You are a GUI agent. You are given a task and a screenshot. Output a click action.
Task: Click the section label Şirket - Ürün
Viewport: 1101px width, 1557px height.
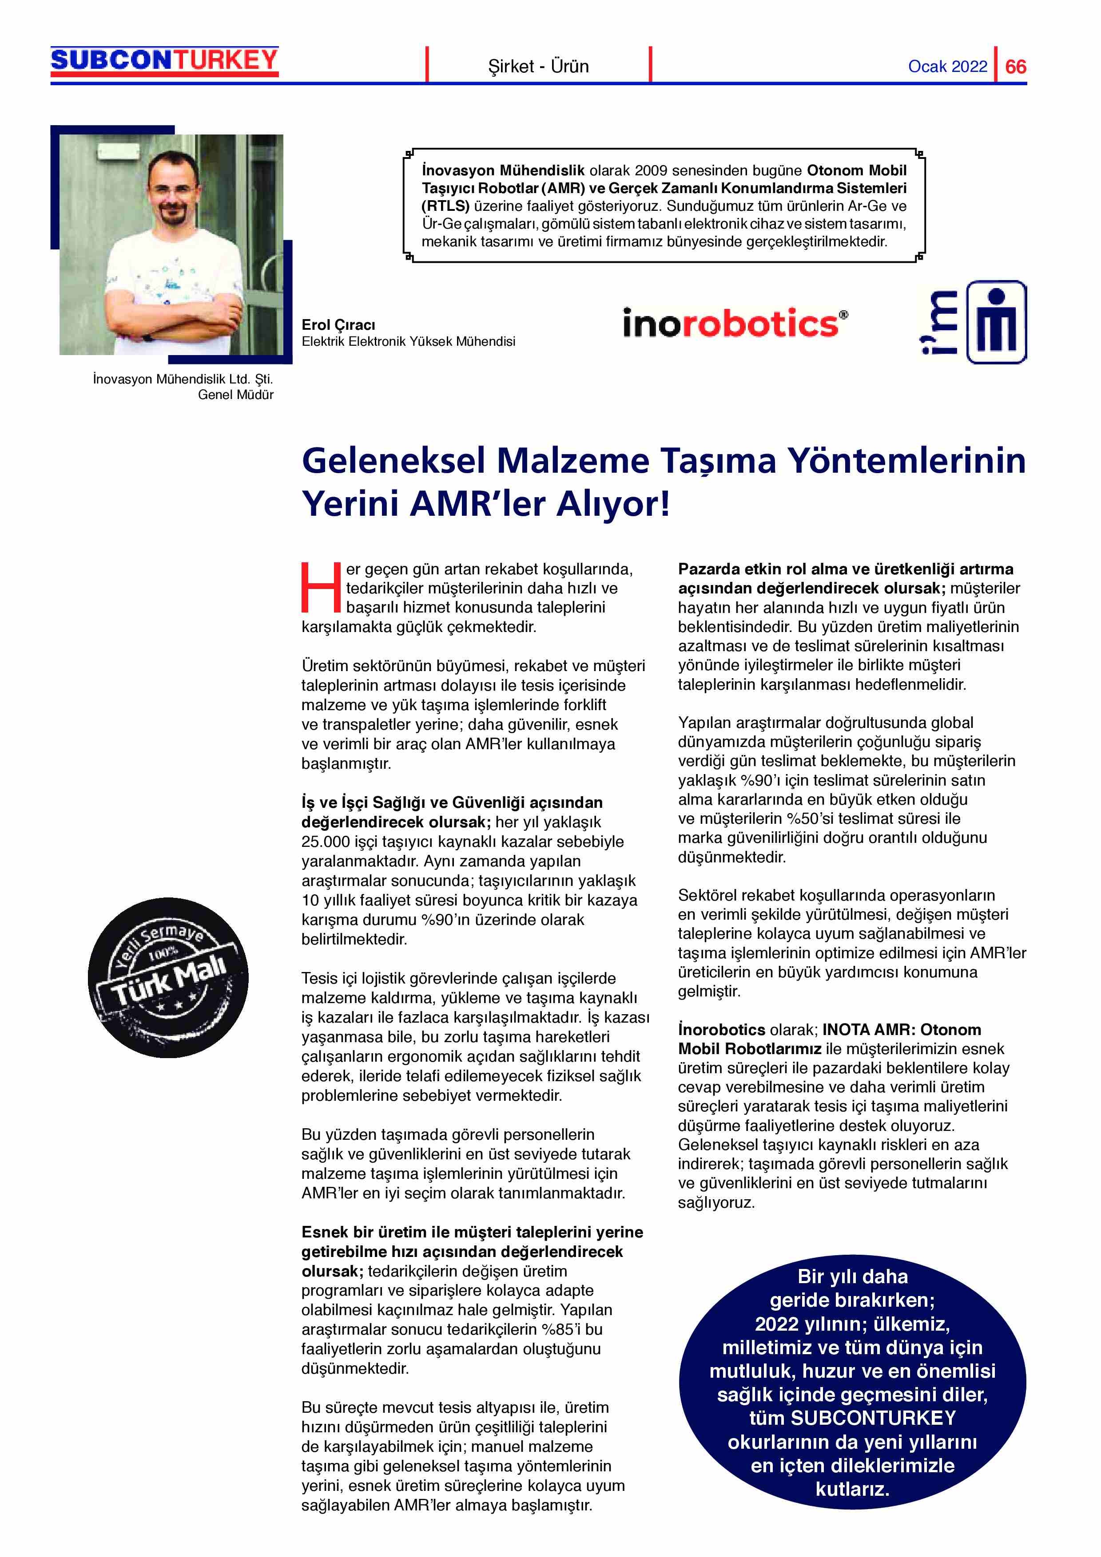click(x=538, y=67)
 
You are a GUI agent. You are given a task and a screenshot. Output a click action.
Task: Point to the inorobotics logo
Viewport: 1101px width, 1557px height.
click(x=735, y=324)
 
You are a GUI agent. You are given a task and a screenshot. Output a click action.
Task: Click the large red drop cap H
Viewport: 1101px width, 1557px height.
click(x=320, y=587)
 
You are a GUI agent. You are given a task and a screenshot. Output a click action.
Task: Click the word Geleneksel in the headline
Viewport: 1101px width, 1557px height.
click(x=394, y=461)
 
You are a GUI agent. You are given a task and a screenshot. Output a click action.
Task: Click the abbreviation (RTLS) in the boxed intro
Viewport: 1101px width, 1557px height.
click(x=445, y=206)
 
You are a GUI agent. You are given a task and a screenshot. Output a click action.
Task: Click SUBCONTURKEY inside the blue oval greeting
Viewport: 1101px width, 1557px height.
click(x=873, y=1418)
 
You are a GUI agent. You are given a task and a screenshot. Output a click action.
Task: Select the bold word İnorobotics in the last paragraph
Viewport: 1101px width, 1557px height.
click(x=721, y=1029)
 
